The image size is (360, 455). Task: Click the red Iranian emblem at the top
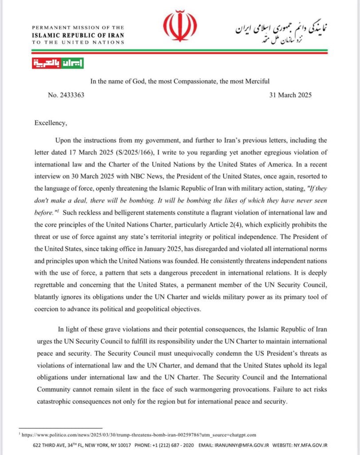point(180,27)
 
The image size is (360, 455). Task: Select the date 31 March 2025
point(290,95)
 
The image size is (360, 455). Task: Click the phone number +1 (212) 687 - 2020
point(172,445)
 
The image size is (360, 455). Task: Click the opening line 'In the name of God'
point(180,81)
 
